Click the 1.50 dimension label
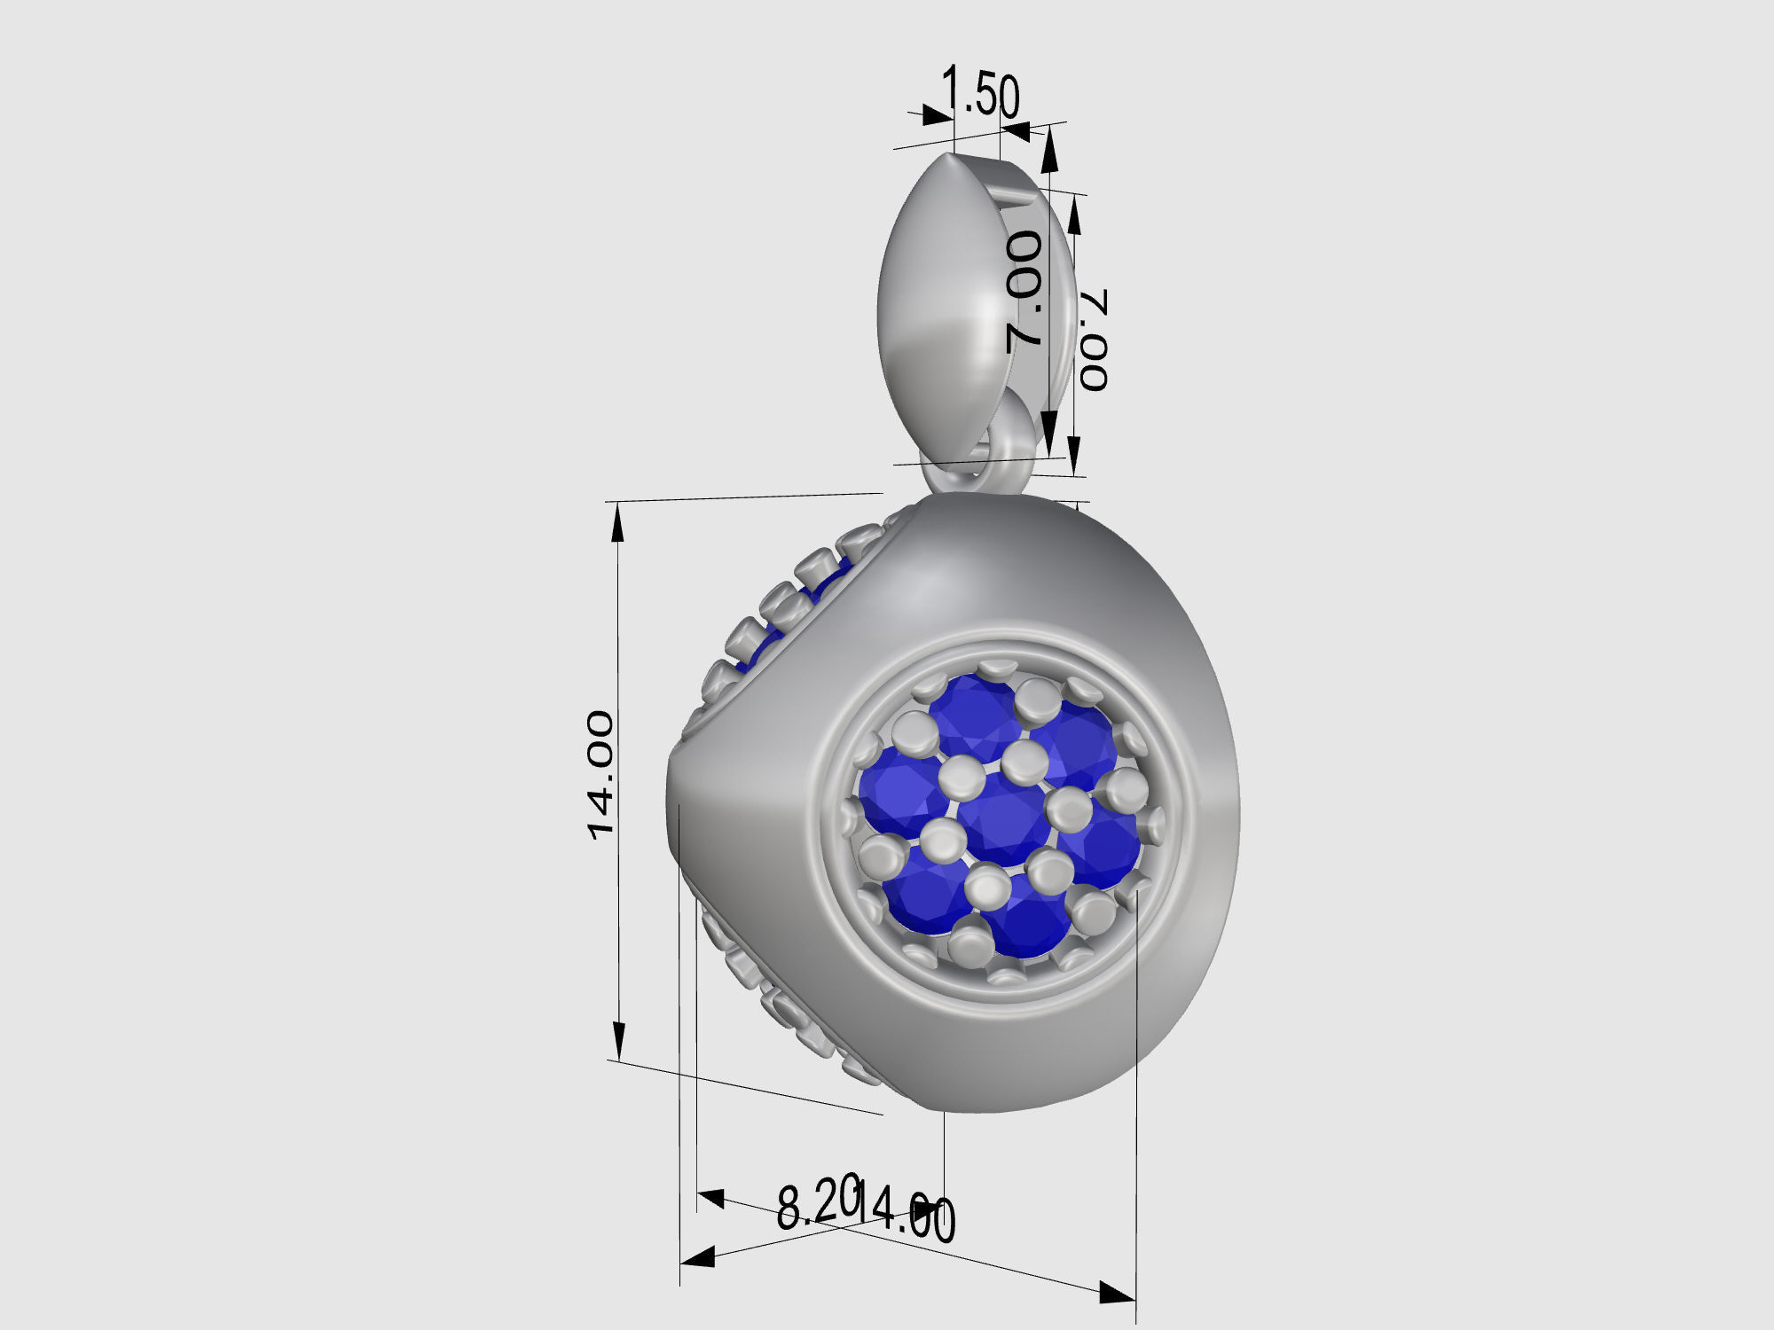[x=980, y=93]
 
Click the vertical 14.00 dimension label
[x=600, y=774]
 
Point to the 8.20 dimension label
[x=817, y=1202]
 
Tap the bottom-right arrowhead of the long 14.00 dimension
[x=1116, y=1294]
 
